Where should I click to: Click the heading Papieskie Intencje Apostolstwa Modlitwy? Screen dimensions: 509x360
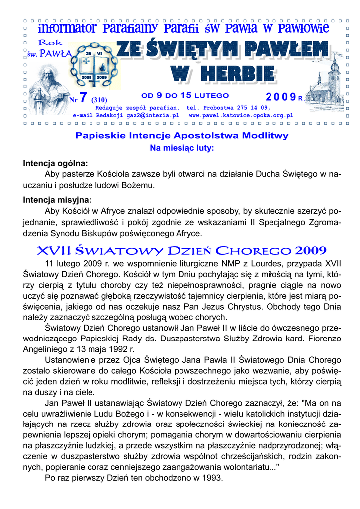(x=181, y=135)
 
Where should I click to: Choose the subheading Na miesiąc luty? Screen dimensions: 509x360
(x=181, y=148)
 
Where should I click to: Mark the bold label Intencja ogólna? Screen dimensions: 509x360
(x=55, y=163)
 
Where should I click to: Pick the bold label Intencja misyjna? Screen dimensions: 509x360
(x=57, y=200)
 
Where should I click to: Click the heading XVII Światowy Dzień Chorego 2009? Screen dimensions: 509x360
(x=181, y=250)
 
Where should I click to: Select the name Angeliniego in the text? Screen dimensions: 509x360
(x=48, y=349)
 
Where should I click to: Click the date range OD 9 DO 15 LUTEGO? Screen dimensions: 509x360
(x=185, y=95)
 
